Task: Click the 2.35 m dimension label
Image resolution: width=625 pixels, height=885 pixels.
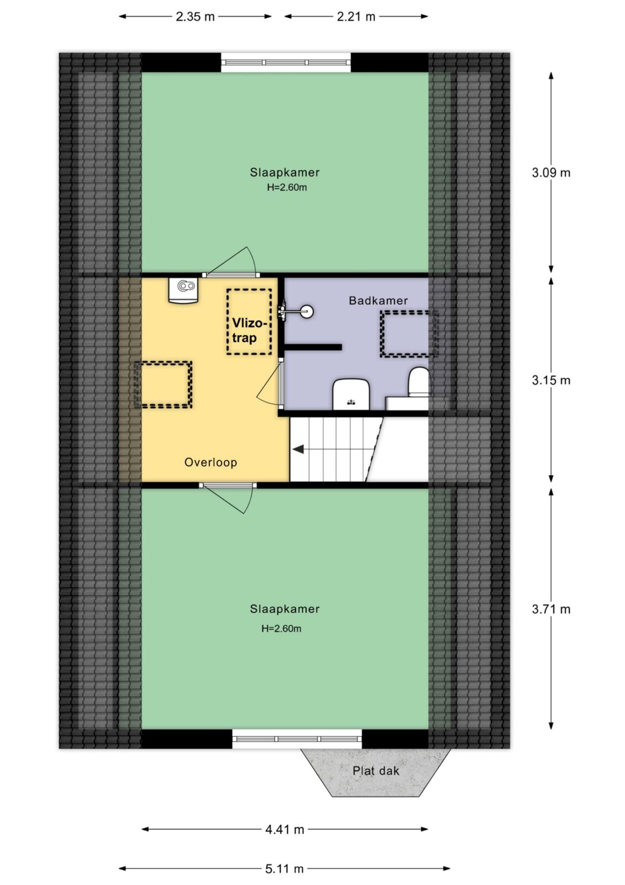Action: coord(195,17)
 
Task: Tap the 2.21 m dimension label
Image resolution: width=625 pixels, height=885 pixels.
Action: coord(356,17)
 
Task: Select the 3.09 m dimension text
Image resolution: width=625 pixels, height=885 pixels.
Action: coord(551,173)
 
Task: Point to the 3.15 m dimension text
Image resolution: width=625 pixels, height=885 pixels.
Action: coord(551,380)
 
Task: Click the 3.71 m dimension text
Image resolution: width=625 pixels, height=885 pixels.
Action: coord(551,609)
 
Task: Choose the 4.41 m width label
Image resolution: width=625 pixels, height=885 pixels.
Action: coord(285,829)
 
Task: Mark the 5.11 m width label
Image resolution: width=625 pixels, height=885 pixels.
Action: coord(284,868)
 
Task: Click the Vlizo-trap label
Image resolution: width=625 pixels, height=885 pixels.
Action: coord(249,330)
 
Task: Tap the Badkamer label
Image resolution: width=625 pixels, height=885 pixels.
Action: coord(378,301)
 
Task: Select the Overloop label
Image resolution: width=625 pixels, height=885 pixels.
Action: coord(211,462)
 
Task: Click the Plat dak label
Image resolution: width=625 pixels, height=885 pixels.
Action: coord(375,771)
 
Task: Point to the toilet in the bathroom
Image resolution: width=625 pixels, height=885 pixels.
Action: coord(418,382)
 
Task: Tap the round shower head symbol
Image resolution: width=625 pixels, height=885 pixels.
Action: coord(307,311)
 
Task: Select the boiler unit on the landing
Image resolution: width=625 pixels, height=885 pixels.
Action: coord(183,290)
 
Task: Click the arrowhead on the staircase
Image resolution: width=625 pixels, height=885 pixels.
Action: coord(298,449)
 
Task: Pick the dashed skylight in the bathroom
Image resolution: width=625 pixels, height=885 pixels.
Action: coord(409,334)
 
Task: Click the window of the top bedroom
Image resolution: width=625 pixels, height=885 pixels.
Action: coord(286,63)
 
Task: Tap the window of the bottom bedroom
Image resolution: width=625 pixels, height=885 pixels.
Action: coord(297,739)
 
